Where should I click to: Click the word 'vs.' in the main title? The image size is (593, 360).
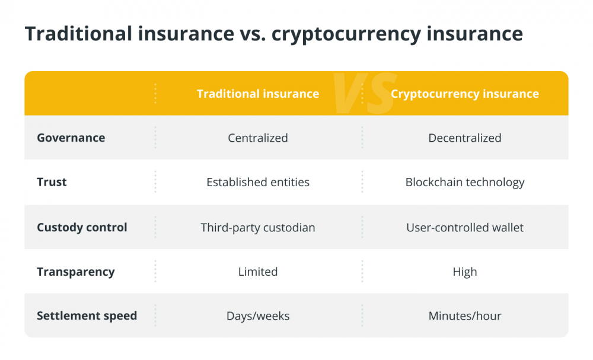(x=253, y=34)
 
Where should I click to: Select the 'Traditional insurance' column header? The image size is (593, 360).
(x=258, y=93)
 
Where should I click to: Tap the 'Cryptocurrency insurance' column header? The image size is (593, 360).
(x=465, y=94)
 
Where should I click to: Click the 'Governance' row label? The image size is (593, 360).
(x=71, y=138)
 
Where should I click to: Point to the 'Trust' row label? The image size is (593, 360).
(x=52, y=182)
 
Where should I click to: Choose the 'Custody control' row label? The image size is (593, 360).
(x=82, y=227)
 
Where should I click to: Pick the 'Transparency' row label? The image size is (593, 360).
(x=76, y=272)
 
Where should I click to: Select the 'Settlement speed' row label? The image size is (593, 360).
(x=87, y=316)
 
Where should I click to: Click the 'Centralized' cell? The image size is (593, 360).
(x=258, y=138)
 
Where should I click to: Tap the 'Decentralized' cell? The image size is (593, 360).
(x=465, y=138)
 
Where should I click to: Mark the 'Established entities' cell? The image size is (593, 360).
(x=258, y=182)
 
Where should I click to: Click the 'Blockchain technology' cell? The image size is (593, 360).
(x=465, y=182)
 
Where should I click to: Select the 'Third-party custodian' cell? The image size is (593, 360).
(x=258, y=228)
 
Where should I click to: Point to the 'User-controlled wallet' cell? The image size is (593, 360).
(x=465, y=227)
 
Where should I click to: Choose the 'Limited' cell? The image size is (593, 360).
(x=258, y=272)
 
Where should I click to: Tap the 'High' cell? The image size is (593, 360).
(x=465, y=272)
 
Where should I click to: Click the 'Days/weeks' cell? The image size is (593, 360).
(x=258, y=316)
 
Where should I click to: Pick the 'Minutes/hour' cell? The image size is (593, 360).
(x=465, y=316)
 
